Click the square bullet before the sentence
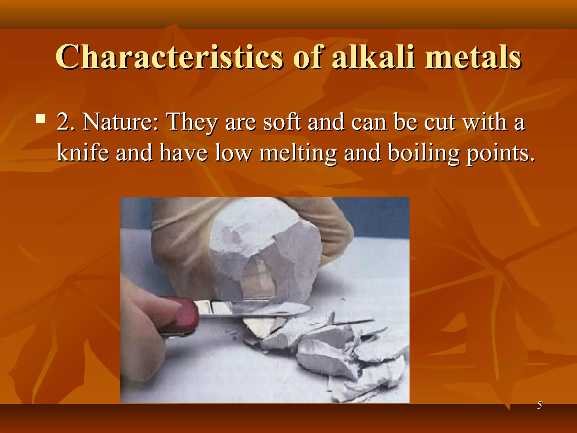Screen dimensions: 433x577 pyautogui.click(x=41, y=119)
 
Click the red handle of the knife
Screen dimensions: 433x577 pyautogui.click(x=183, y=316)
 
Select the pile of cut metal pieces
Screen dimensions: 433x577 pyautogui.click(x=338, y=352)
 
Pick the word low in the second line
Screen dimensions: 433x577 pyautogui.click(x=232, y=153)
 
